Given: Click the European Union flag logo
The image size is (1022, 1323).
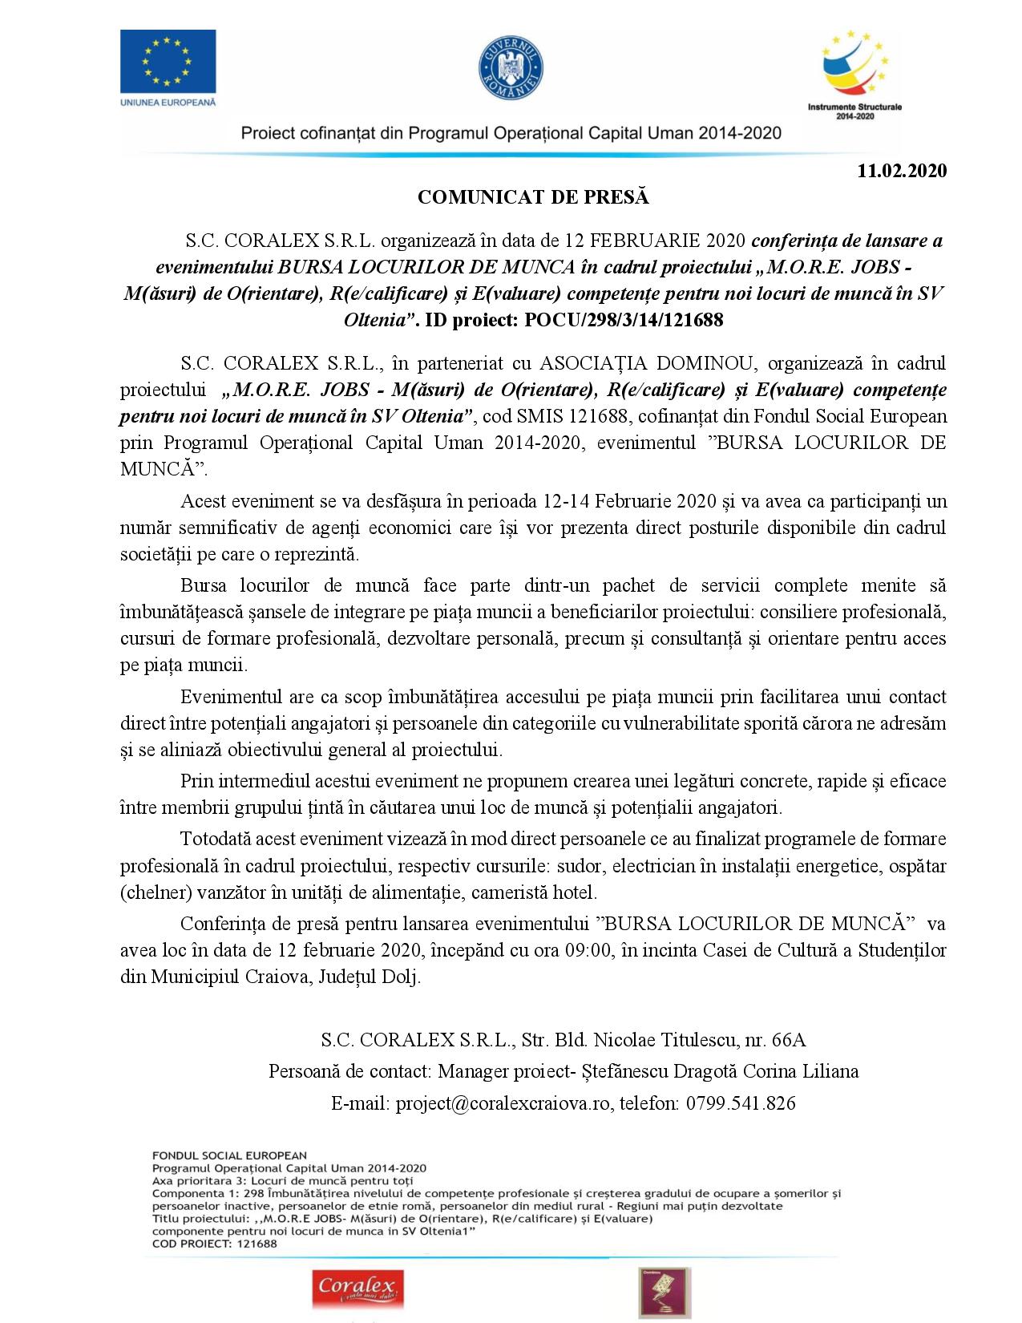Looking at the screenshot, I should coord(168,61).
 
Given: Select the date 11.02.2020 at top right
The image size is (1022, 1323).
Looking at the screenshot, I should coord(902,171).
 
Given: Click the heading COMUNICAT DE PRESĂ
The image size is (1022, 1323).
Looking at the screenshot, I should coord(533,197).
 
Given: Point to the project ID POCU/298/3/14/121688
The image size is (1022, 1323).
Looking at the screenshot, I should coord(624,320).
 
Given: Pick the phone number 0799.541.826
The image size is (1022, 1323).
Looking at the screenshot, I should coord(738,1103).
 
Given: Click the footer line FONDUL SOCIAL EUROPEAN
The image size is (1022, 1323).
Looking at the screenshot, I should coord(229,1155).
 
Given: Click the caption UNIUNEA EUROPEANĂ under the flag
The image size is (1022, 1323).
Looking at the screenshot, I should coord(168,103).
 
